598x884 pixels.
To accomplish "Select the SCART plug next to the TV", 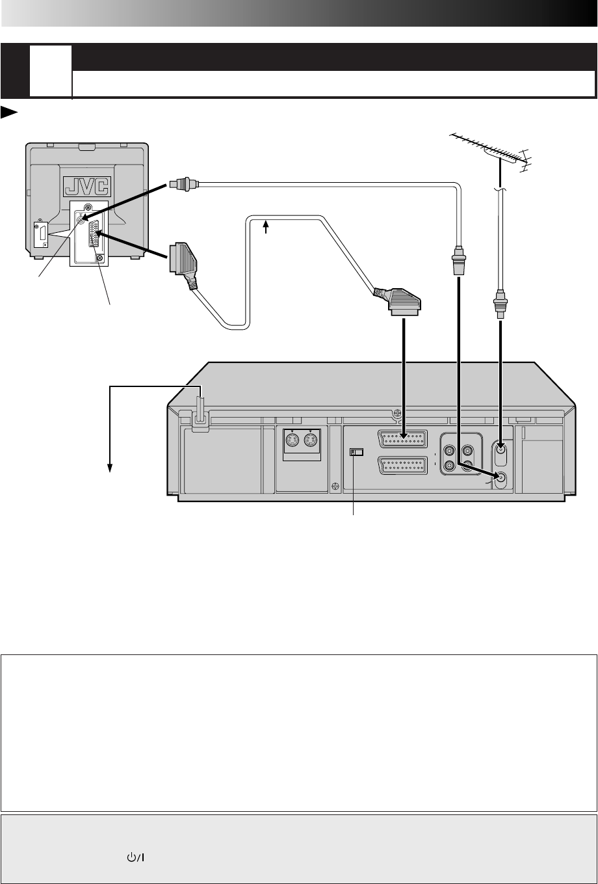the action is pos(181,260).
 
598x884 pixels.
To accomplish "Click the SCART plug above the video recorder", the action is pos(398,300).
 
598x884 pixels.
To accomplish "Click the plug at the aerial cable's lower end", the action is pos(499,304).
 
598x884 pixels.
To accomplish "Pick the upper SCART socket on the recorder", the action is pos(402,438).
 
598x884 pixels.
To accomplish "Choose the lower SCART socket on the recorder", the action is pos(402,466).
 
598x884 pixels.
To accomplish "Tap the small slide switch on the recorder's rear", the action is pos(354,451).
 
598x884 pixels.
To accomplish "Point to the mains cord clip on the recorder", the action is pos(200,417).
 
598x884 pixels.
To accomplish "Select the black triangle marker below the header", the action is pos(8,113).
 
